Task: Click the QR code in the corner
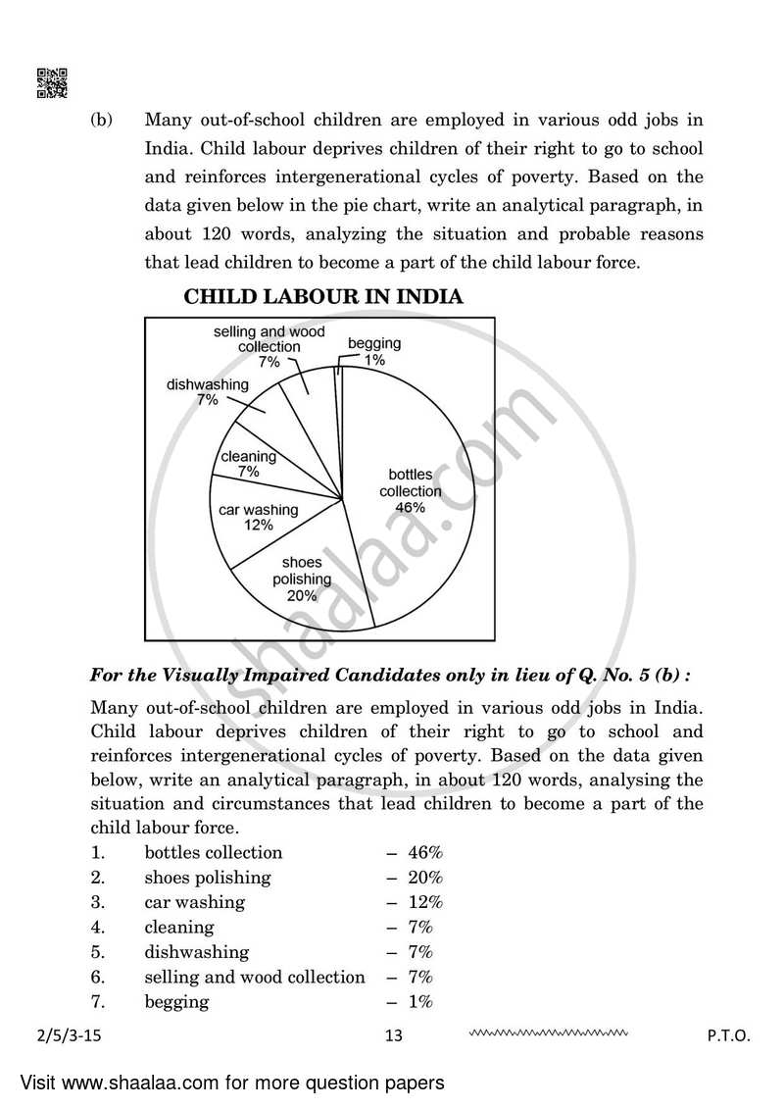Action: (x=52, y=82)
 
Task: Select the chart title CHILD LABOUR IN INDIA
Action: (x=323, y=296)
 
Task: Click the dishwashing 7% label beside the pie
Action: (x=207, y=392)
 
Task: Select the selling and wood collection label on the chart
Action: (x=269, y=346)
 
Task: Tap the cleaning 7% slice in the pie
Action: (x=248, y=464)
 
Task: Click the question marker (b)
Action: (x=102, y=122)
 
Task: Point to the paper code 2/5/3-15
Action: (x=60, y=1035)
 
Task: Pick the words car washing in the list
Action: (x=195, y=902)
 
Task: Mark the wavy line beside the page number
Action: (x=549, y=1033)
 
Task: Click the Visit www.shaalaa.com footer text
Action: (x=232, y=1084)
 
